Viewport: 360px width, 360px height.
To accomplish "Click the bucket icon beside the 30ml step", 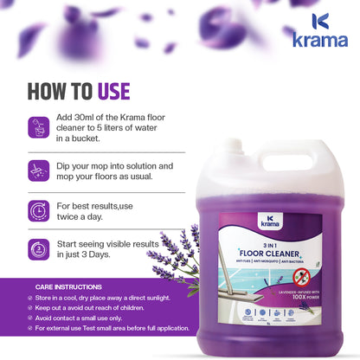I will (39, 127).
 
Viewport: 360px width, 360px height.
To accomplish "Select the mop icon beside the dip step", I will (39, 170).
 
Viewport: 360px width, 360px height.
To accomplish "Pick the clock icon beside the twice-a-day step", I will (39, 211).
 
